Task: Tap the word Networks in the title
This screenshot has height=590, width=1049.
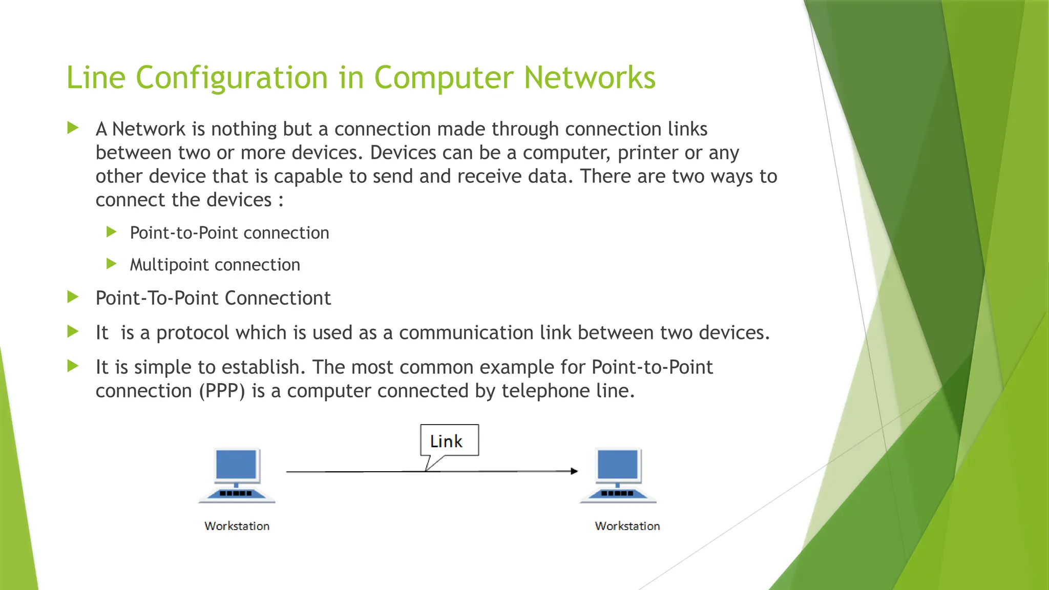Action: [x=590, y=78]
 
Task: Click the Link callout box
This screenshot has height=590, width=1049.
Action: [x=449, y=440]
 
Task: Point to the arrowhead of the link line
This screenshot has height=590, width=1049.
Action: [x=575, y=471]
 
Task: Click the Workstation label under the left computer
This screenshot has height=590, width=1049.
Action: [x=237, y=526]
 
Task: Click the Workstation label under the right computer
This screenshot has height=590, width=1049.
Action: [x=627, y=526]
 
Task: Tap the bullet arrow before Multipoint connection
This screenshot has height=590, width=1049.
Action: [x=111, y=264]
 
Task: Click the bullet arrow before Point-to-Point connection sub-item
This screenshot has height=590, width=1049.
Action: [x=111, y=232]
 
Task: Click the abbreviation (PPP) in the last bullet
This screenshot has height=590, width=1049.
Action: [x=222, y=391]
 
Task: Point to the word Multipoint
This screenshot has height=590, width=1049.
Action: [x=169, y=265]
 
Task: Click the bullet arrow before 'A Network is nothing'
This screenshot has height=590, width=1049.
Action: [x=73, y=128]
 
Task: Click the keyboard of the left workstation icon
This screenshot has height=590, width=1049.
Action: [x=236, y=494]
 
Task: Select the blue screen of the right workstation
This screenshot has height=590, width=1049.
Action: [x=618, y=464]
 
